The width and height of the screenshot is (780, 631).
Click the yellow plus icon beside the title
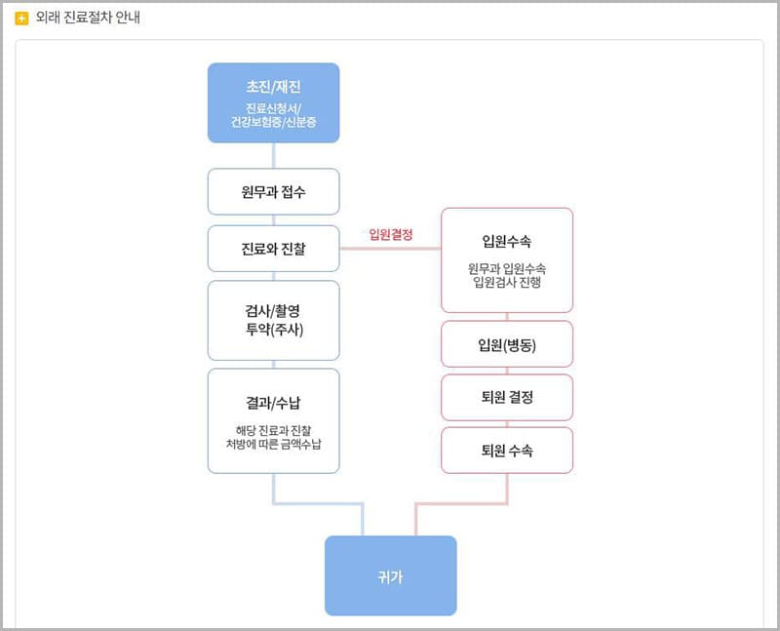pyautogui.click(x=21, y=19)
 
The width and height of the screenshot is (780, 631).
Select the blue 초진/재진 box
pyautogui.click(x=273, y=102)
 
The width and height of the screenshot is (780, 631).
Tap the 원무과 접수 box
pyautogui.click(x=273, y=192)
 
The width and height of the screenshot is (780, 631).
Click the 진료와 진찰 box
pyautogui.click(x=273, y=249)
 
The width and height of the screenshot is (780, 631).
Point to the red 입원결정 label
pyautogui.click(x=391, y=234)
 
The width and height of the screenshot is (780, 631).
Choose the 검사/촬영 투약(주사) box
pyautogui.click(x=273, y=320)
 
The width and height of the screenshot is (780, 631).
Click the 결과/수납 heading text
pyautogui.click(x=273, y=401)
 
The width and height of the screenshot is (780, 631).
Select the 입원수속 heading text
pyautogui.click(x=506, y=241)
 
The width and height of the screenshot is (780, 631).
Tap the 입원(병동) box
pyautogui.click(x=506, y=344)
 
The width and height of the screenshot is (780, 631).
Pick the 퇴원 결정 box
pyautogui.click(x=506, y=398)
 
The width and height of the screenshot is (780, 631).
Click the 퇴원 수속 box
pyautogui.click(x=506, y=452)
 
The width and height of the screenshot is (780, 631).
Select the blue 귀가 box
pyautogui.click(x=390, y=576)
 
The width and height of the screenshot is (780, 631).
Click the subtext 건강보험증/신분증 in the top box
pyautogui.click(x=273, y=123)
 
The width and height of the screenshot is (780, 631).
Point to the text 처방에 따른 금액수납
pyautogui.click(x=273, y=444)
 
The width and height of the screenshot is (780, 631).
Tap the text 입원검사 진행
pyautogui.click(x=506, y=283)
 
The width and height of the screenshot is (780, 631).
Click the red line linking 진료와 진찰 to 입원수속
pyautogui.click(x=390, y=249)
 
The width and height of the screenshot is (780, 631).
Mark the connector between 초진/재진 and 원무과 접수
pyautogui.click(x=273, y=156)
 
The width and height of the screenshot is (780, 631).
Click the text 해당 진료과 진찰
pyautogui.click(x=273, y=429)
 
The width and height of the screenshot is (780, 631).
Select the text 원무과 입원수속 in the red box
pyautogui.click(x=506, y=268)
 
